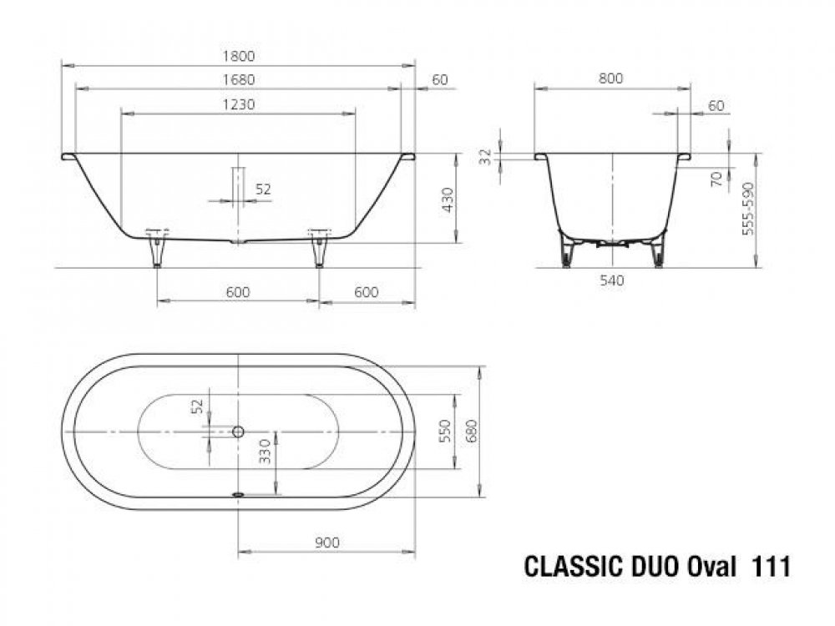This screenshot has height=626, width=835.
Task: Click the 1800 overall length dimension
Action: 239,56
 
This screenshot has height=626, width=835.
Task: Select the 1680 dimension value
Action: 239,80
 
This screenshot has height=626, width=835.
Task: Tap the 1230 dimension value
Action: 239,104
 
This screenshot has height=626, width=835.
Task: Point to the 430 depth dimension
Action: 448,199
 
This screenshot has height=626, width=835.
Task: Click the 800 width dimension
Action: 610,78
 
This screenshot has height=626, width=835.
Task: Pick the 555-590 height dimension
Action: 748,209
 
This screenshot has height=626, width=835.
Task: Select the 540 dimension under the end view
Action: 611,280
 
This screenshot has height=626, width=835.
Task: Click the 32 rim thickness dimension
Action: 486,157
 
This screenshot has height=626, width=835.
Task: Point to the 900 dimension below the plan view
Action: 326,543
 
